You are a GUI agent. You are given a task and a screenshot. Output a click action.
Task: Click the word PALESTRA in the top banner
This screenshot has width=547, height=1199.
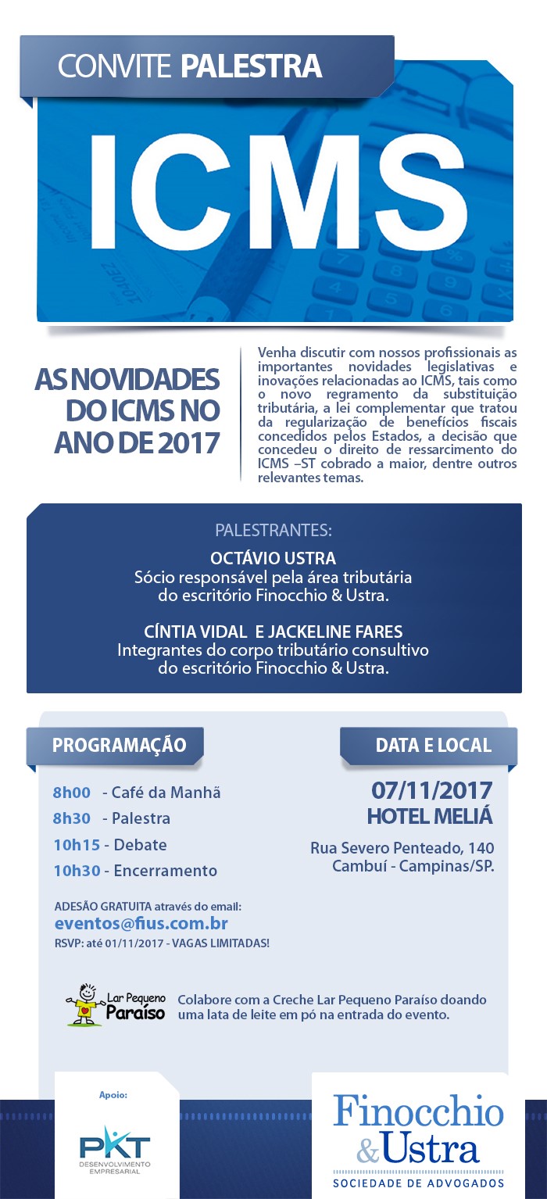point(251,66)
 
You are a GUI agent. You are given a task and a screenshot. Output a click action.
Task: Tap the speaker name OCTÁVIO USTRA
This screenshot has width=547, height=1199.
point(273,558)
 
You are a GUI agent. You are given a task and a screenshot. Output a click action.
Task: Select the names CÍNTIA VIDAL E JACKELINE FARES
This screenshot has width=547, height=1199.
point(273,631)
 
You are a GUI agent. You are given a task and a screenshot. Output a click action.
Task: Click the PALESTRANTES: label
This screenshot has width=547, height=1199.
point(273,531)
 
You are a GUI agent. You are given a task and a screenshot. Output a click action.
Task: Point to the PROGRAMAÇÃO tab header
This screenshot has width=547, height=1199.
point(119,745)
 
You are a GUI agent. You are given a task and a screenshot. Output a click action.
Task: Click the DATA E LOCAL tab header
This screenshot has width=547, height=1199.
point(433,745)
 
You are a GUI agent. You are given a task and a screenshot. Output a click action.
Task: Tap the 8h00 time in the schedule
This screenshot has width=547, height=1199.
point(72,793)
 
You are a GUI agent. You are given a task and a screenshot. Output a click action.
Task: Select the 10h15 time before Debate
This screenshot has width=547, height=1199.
point(73,845)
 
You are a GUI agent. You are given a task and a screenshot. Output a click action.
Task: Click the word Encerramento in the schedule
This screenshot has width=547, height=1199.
point(166,871)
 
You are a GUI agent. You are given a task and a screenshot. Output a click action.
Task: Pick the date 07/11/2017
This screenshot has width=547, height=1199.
point(431,789)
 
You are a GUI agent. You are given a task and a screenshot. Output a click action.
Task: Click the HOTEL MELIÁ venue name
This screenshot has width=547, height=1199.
point(430,816)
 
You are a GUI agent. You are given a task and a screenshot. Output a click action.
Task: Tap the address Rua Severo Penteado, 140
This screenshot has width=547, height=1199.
point(402,848)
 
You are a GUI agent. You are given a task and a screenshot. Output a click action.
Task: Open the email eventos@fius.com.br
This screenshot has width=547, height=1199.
point(141,924)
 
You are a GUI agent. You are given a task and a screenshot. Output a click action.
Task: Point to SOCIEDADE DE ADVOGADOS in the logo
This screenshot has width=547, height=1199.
point(419,1183)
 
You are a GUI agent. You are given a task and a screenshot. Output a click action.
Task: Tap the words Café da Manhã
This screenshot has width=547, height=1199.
point(166,793)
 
